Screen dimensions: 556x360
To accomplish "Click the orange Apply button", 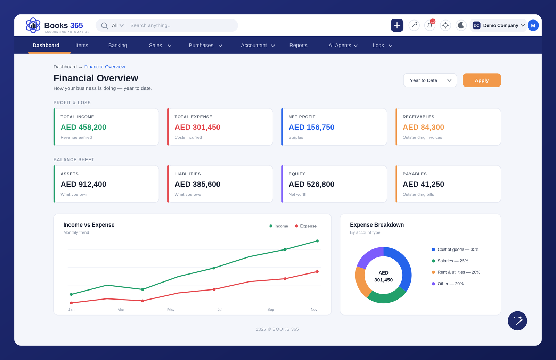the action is pos(482,80).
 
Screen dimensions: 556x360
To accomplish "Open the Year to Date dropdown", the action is pos(430,80).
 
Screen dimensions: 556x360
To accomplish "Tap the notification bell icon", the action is pos(430,25).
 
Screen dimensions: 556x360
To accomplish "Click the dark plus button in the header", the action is pos(397,25).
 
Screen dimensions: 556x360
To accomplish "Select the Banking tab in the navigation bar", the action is pos(118,46).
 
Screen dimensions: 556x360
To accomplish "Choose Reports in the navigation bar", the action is pos(298,46).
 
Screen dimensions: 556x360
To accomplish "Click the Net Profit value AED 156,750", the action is pos(311,127).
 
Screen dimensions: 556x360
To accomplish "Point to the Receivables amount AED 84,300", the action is pos(423,127).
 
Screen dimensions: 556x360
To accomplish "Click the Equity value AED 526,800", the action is pos(311,184).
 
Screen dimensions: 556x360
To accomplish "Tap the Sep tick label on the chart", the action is pos(271,309).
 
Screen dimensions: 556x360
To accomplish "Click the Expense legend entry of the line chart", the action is pos(305,226).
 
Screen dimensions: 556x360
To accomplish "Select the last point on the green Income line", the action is pos(317,241).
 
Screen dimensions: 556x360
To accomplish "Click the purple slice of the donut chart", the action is pos(369,257).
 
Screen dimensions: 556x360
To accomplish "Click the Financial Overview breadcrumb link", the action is pos(105,67).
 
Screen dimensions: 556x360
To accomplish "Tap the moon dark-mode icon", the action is pos(461,25).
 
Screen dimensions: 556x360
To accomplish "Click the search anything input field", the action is pos(182,25).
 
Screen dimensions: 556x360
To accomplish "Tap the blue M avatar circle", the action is pos(533,26).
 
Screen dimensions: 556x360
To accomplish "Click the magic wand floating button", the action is pos(517,320).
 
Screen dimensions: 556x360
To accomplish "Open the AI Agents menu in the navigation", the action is pos(343,46).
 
